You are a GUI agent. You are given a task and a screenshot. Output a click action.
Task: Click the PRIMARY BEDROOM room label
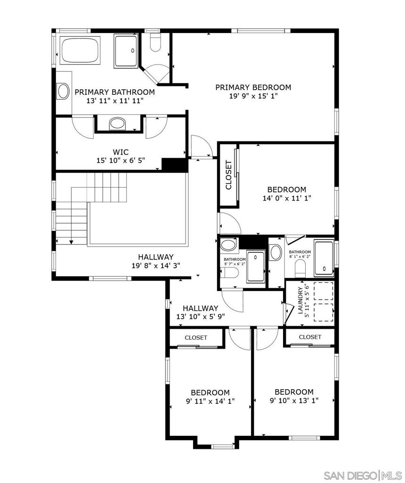[253, 87]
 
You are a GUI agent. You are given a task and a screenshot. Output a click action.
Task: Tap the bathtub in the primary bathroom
[80, 50]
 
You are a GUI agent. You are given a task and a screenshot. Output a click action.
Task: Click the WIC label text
[121, 152]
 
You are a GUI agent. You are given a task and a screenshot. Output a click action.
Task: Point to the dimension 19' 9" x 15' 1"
[253, 96]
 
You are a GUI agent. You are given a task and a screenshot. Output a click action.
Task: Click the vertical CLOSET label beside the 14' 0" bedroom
[229, 175]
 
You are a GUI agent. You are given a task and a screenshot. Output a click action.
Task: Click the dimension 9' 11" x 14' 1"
[210, 401]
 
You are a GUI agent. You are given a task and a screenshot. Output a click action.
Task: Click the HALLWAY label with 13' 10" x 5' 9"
[200, 308]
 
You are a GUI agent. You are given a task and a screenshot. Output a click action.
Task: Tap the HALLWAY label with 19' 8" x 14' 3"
[155, 257]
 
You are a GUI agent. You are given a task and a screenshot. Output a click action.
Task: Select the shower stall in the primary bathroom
[126, 51]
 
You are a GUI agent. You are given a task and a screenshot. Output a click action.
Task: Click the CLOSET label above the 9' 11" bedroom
[196, 337]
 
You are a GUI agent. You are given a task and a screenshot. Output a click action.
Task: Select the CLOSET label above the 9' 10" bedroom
[310, 337]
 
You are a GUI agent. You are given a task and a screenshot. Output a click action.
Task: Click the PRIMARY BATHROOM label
[114, 92]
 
